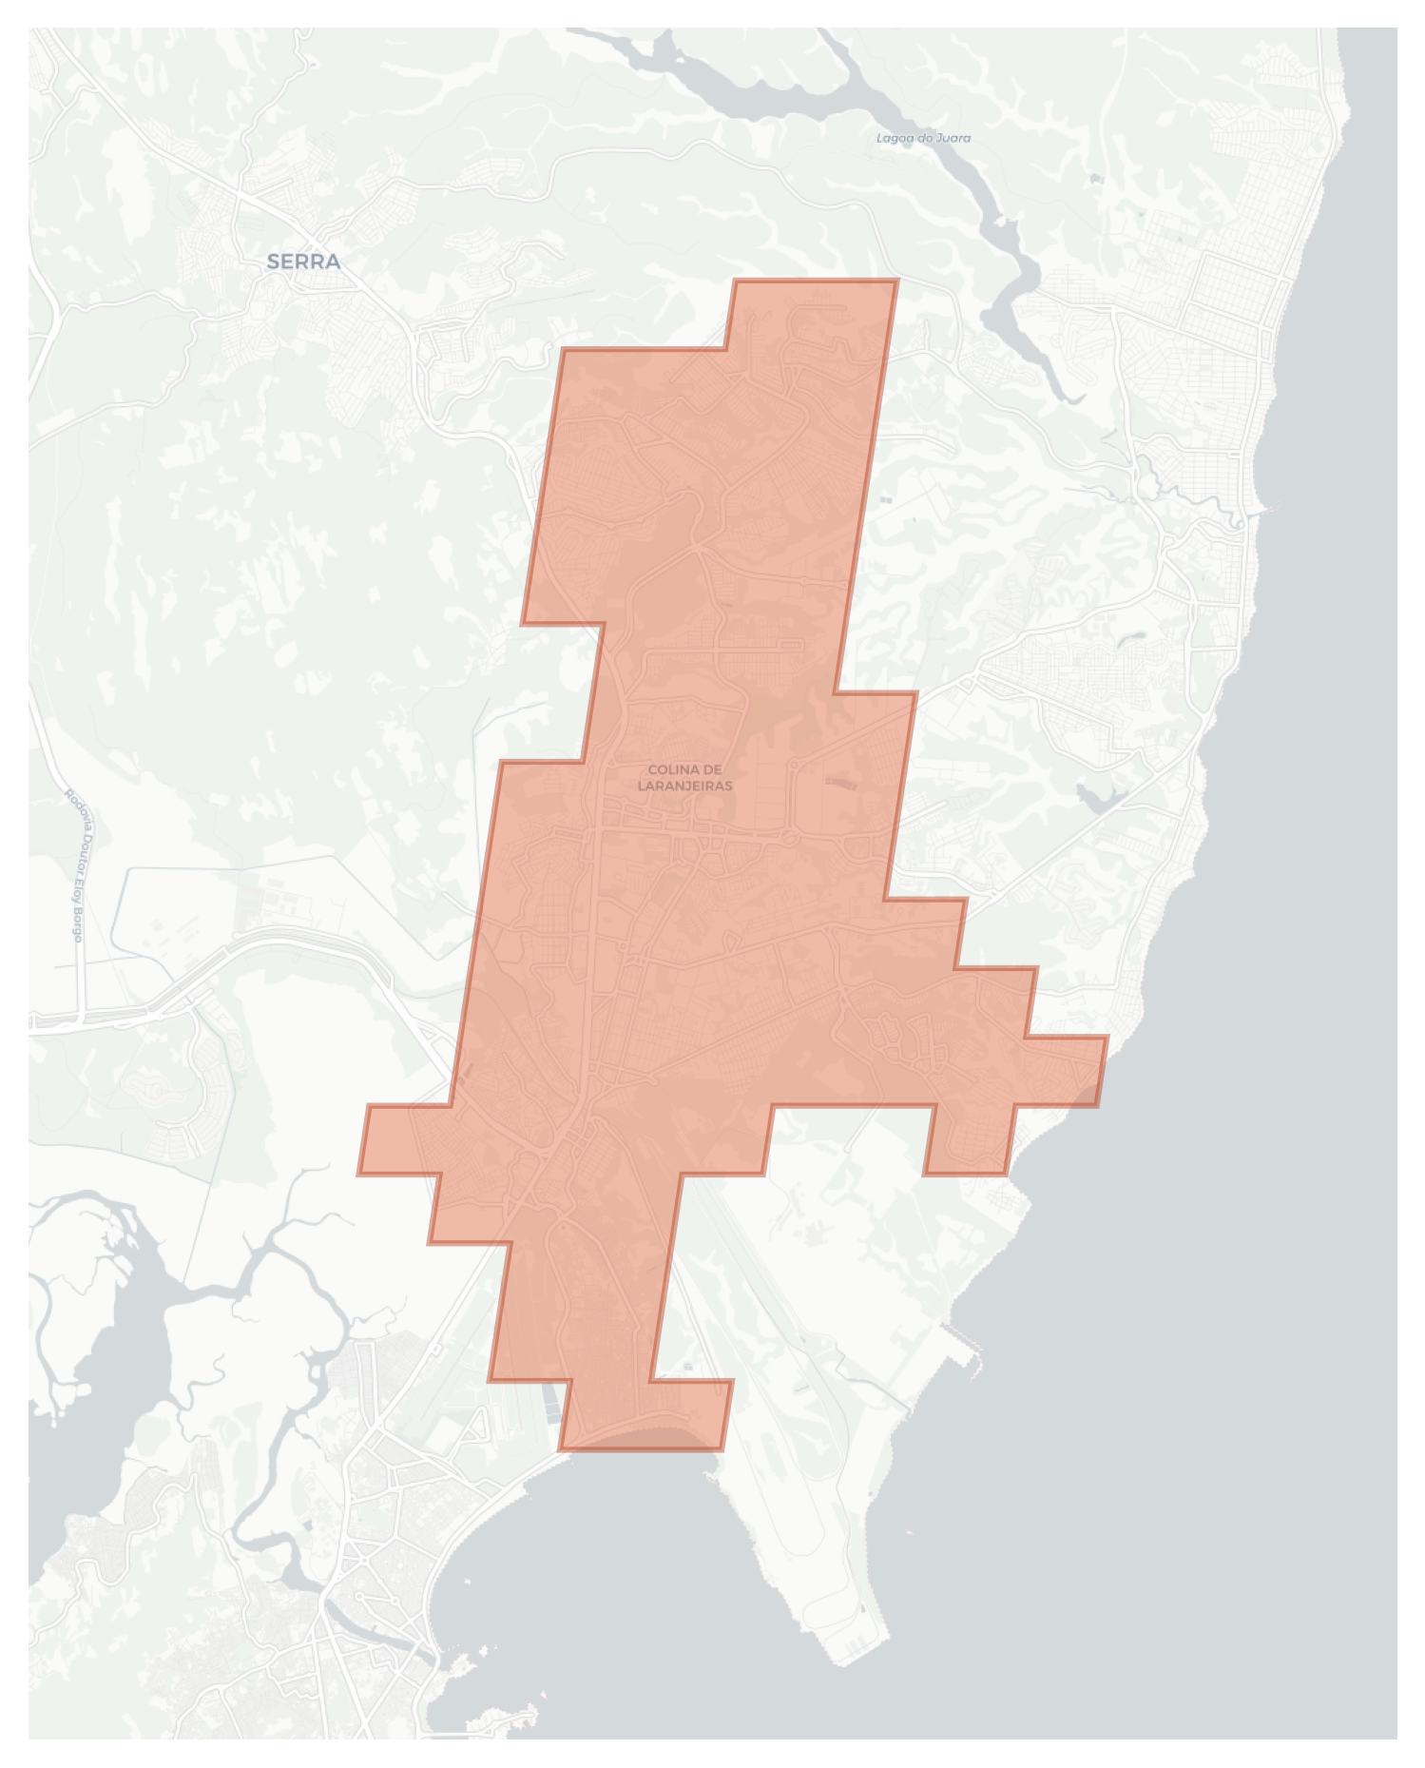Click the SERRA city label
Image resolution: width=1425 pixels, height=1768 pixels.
303,262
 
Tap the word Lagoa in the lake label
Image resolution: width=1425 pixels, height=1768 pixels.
894,139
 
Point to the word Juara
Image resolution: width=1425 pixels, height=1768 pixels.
952,139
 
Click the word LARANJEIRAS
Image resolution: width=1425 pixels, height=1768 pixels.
684,787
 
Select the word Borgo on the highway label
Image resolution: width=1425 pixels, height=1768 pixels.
79,924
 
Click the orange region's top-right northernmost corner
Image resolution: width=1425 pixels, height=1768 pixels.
896,281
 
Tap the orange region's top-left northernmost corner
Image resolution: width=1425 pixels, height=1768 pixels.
736,281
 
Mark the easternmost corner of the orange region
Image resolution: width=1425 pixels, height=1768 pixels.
1107,1038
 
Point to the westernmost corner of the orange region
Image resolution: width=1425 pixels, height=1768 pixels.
358,1175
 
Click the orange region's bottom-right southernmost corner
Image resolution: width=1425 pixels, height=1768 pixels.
722,1449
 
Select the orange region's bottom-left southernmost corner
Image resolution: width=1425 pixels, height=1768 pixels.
560,1449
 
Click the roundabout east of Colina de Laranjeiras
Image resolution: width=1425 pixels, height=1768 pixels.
790,838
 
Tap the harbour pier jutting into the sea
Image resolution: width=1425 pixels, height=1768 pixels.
970,1350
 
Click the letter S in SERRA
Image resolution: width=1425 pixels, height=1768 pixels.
274,262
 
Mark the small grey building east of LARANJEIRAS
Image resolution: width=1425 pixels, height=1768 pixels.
840,784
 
